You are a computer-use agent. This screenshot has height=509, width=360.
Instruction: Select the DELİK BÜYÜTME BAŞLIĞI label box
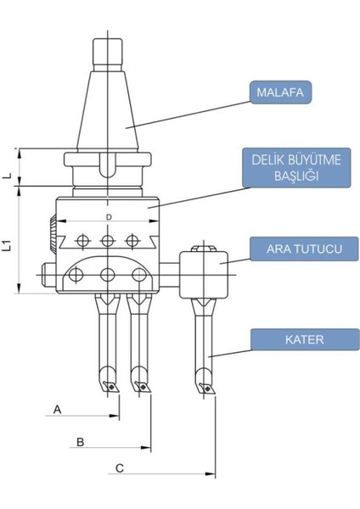(x=291, y=169)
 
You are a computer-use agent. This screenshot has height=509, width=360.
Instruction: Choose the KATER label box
(x=293, y=339)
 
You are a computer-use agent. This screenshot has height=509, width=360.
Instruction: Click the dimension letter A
(x=57, y=409)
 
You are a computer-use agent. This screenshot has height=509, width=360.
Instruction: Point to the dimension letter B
(x=79, y=441)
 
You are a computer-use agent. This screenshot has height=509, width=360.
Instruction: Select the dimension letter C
(x=119, y=467)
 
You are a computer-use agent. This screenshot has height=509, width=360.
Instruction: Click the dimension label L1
(x=7, y=246)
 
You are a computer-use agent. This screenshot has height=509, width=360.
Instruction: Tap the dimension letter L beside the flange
(x=7, y=176)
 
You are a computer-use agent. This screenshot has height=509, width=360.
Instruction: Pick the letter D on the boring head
(x=109, y=219)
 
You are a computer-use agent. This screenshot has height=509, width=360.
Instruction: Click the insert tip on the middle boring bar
(x=141, y=387)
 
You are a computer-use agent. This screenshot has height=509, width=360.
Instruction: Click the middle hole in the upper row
(x=108, y=241)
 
